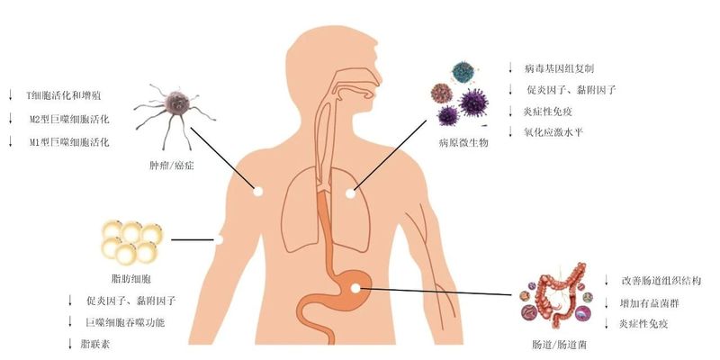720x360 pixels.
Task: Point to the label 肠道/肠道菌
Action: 554,345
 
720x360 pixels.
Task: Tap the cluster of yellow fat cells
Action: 130,239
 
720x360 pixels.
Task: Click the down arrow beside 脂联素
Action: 70,344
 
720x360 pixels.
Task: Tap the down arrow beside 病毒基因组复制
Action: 510,68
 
